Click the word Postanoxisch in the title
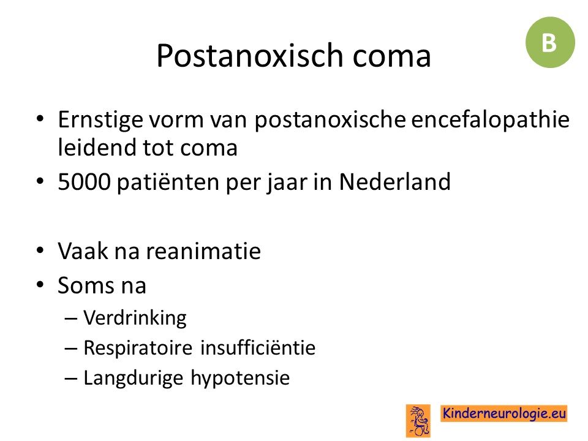coord(250,56)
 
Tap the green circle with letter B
coord(550,42)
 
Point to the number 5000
coord(85,182)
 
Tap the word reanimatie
coord(203,251)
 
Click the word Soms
coord(86,285)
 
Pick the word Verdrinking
coord(135,318)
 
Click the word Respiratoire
coord(138,348)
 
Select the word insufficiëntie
coord(258,347)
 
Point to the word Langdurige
coord(133,378)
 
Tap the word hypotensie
coord(240,378)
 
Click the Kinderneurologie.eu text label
coord(503,413)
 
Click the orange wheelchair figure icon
coord(418,421)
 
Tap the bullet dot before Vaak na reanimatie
coord(40,251)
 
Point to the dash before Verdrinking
coord(71,319)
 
